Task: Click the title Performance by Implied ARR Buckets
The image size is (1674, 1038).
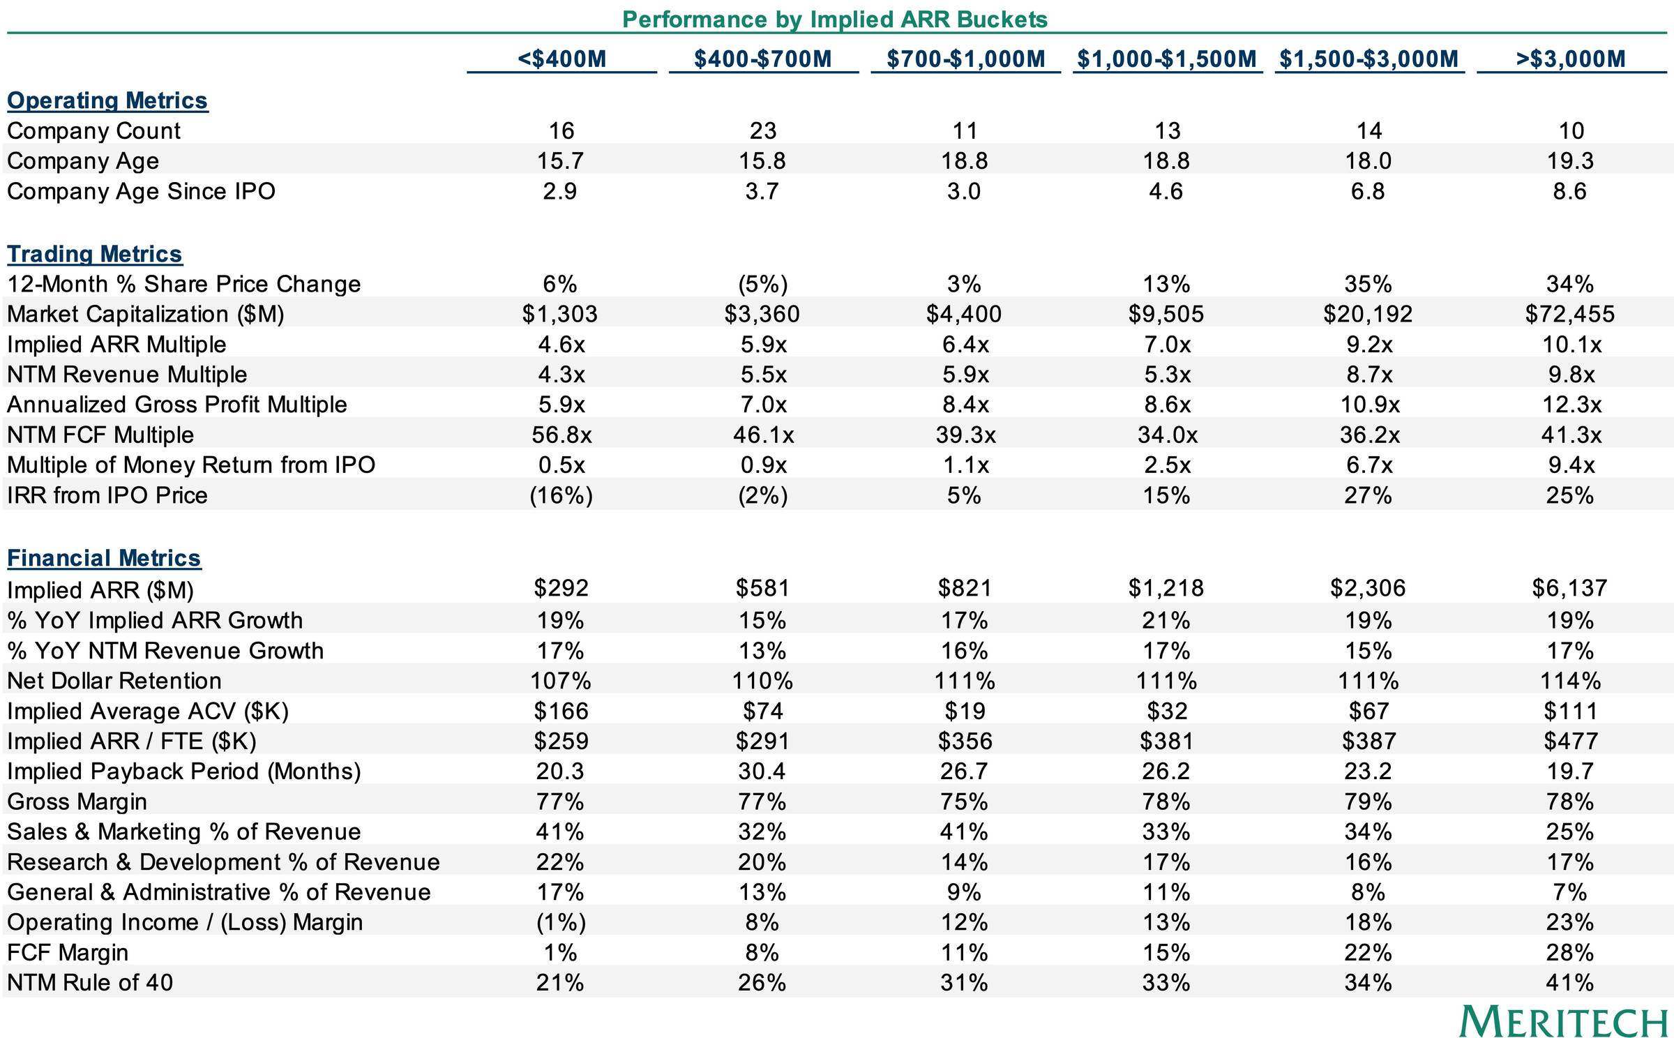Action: [835, 19]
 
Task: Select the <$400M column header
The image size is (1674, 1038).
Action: [562, 59]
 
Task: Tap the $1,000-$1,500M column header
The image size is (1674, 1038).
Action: [1167, 59]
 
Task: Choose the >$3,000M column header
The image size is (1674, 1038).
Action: [1571, 59]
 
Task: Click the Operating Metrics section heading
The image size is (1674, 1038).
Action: [107, 100]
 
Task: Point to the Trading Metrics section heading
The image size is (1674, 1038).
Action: [95, 254]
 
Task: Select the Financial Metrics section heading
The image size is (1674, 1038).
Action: [104, 558]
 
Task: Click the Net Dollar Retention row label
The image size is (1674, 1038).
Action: [114, 681]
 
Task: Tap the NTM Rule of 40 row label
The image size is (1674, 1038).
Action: [90, 982]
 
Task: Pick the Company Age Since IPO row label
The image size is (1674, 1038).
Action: [141, 191]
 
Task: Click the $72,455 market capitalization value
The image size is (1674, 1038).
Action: [1570, 314]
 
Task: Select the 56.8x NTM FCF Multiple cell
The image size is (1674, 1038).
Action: [561, 435]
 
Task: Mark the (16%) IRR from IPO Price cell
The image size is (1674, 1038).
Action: [561, 495]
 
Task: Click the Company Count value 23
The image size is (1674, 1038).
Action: [763, 130]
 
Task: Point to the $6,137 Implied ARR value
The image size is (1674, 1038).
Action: [1570, 588]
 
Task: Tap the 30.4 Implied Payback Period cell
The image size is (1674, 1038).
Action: [762, 772]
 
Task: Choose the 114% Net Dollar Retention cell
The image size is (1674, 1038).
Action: [1571, 681]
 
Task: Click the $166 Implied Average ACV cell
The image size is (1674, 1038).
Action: [561, 711]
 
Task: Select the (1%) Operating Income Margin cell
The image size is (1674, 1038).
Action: [561, 922]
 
